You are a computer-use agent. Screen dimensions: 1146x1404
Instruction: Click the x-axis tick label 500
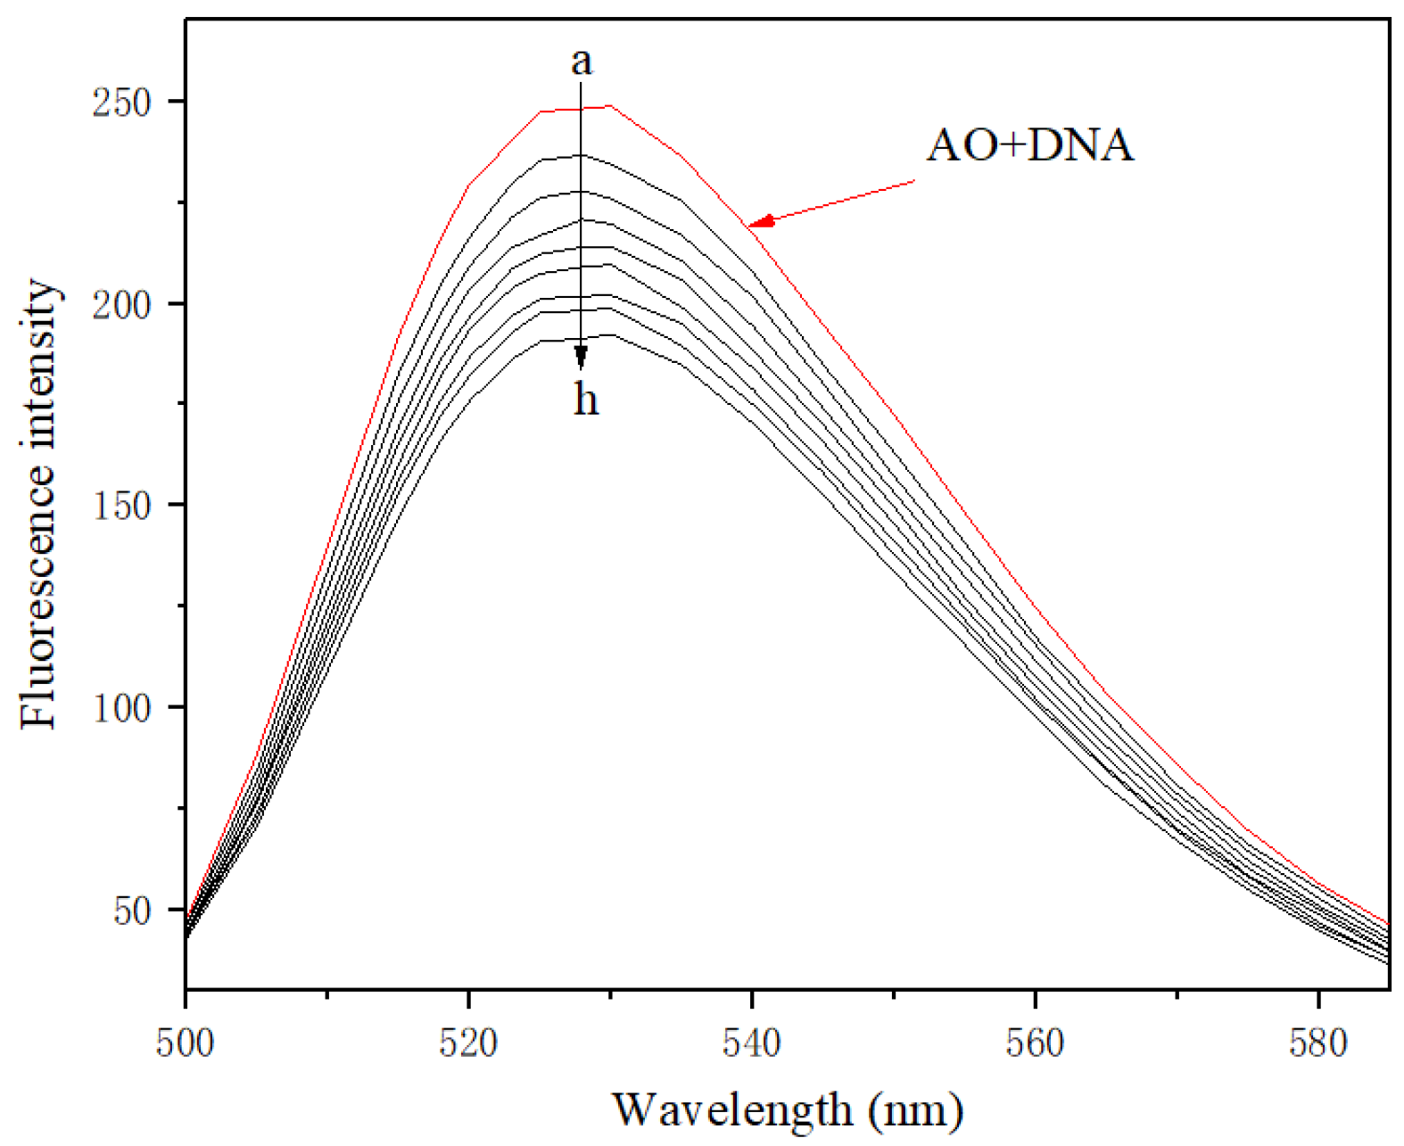click(x=186, y=1042)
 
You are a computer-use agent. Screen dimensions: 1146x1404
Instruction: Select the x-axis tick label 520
click(x=468, y=1042)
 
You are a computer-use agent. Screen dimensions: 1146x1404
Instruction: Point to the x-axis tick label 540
click(x=752, y=1042)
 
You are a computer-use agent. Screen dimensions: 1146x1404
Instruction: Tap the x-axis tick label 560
click(x=1035, y=1042)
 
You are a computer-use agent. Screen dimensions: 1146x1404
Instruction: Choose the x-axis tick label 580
click(x=1318, y=1042)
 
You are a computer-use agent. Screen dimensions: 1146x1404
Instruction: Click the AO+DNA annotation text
click(x=1030, y=145)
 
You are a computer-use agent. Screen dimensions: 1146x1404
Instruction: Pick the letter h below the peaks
click(x=585, y=400)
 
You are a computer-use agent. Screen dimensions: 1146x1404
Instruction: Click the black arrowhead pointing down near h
click(x=582, y=359)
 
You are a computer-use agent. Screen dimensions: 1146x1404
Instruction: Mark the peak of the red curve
click(x=610, y=106)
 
